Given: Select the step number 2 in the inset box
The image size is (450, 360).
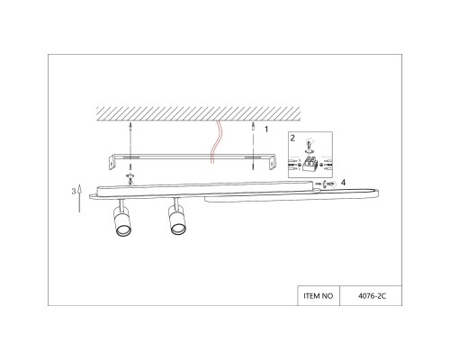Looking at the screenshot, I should click(x=292, y=139).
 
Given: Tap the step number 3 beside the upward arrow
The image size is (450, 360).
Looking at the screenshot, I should click(x=72, y=192).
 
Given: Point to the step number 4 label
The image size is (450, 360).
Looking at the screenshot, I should click(x=343, y=183).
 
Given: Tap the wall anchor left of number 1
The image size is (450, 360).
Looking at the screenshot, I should click(x=254, y=132).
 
